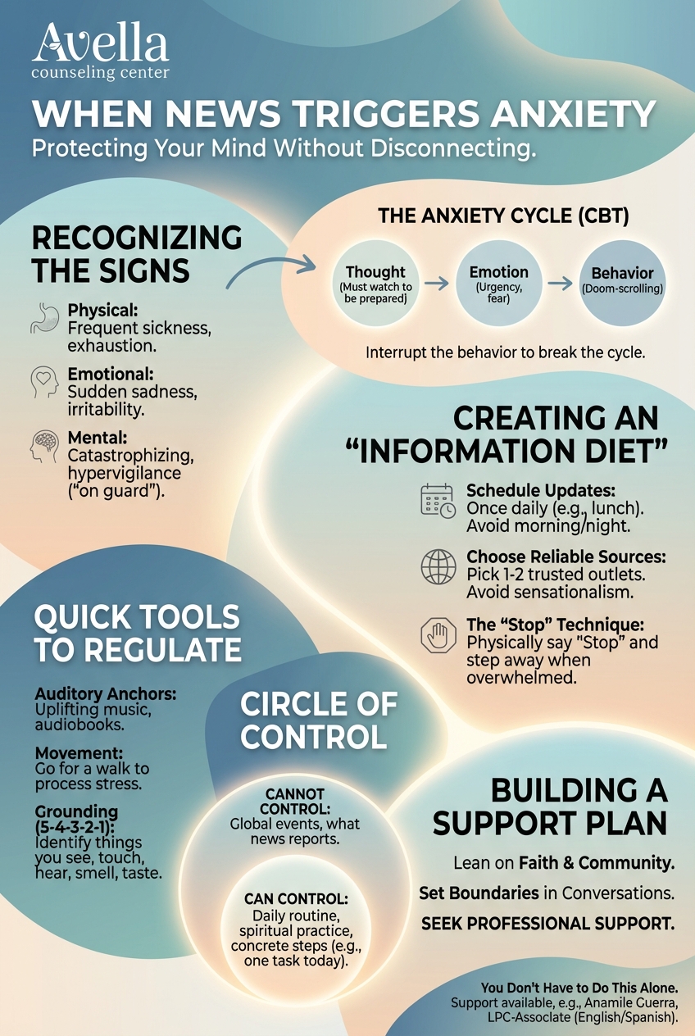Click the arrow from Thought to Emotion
click(x=438, y=283)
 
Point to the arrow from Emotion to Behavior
click(x=561, y=283)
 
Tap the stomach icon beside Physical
click(x=44, y=319)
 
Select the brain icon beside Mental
click(x=44, y=444)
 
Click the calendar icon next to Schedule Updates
click(x=438, y=500)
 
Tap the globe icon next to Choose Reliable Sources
click(x=438, y=566)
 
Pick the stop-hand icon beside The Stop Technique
click(x=438, y=634)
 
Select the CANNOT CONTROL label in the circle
click(x=295, y=801)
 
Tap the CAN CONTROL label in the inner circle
click(x=295, y=899)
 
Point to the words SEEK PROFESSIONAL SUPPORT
click(x=547, y=924)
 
